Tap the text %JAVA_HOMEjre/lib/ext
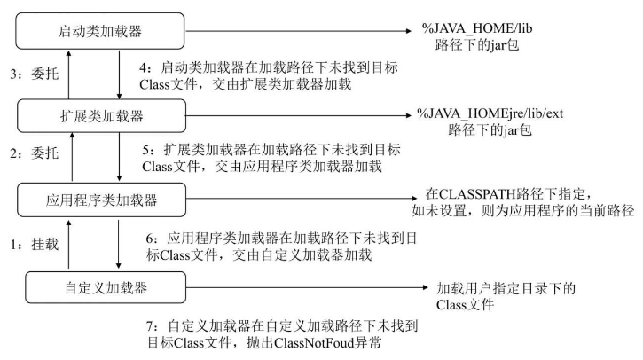(480, 113)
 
